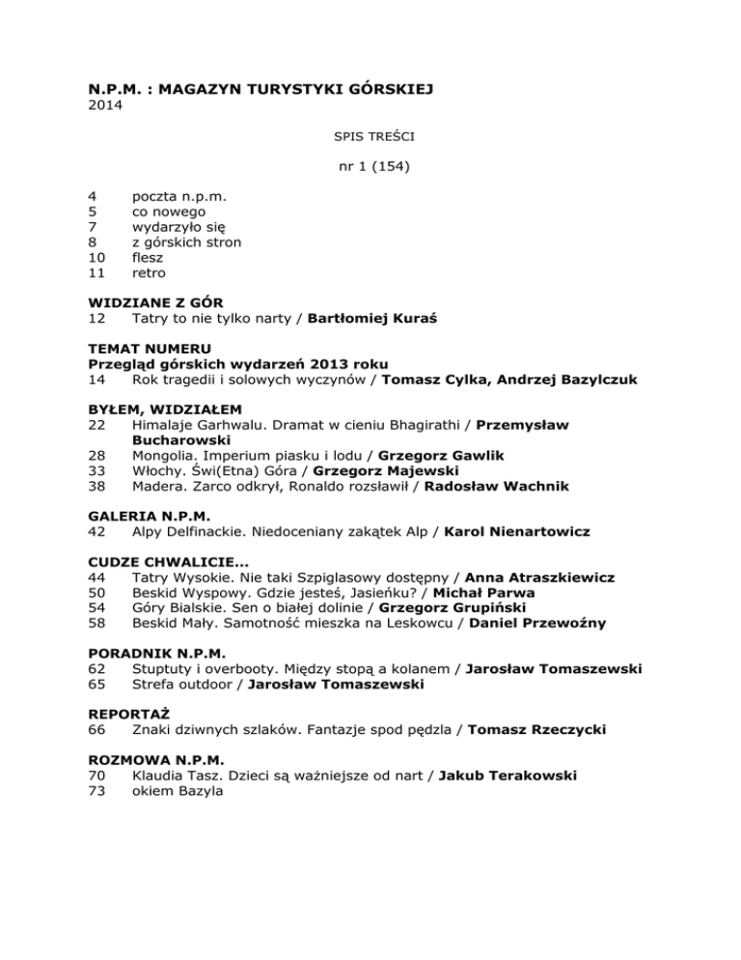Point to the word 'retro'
point(149,273)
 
